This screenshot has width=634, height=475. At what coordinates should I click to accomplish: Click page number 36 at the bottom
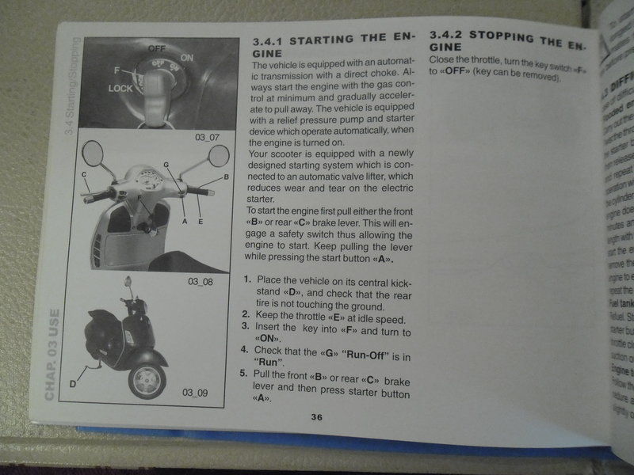pyautogui.click(x=315, y=417)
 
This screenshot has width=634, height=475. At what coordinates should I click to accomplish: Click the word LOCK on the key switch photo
pyautogui.click(x=120, y=89)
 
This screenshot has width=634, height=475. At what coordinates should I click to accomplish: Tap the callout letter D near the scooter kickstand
pyautogui.click(x=73, y=383)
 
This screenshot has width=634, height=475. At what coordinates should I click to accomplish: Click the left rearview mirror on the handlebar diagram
pyautogui.click(x=94, y=154)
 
